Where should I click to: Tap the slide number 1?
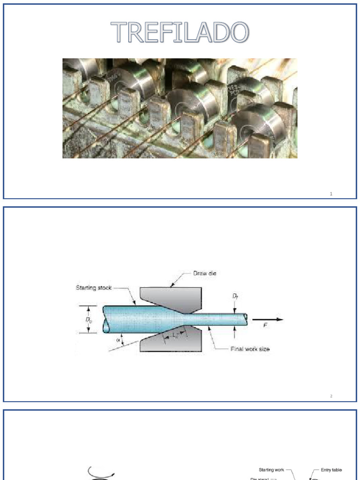(x=331, y=194)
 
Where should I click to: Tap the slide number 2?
(x=331, y=397)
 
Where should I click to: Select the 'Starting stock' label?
(x=94, y=288)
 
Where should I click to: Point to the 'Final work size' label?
(x=250, y=349)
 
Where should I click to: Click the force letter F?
(x=266, y=325)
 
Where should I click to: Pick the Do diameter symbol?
(x=89, y=320)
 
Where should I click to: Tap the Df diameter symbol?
(x=234, y=297)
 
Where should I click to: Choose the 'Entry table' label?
(x=331, y=470)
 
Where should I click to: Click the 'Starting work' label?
(x=271, y=470)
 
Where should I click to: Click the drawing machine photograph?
(x=180, y=108)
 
